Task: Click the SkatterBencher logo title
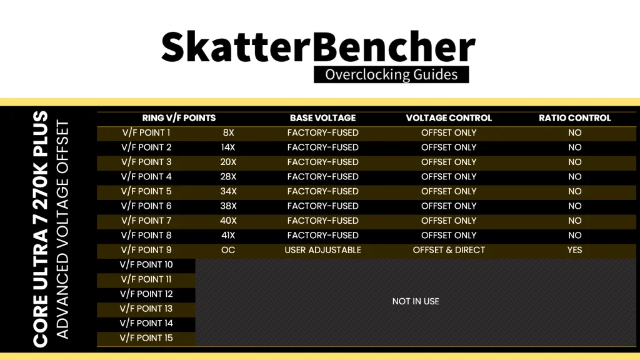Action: tap(318, 46)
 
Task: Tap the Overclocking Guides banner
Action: tap(391, 75)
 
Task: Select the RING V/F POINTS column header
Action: tap(179, 118)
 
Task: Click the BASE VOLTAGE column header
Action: tap(323, 118)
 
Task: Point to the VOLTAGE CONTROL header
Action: tap(449, 118)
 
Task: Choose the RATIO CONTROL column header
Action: tap(575, 118)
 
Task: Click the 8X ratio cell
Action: tap(228, 132)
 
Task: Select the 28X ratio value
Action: tap(228, 177)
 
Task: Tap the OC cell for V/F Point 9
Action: tap(228, 250)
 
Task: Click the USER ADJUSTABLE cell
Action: tap(323, 250)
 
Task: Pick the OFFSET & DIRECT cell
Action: tap(449, 250)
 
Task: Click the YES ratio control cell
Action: tap(575, 250)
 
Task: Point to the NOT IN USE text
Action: tap(416, 301)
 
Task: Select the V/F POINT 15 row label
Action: tap(146, 338)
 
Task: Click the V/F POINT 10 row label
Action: tap(146, 264)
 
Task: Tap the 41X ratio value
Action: tap(228, 235)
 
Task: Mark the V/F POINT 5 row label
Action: tap(146, 191)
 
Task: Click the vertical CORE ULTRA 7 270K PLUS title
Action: tap(41, 229)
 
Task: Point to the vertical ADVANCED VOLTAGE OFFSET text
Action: tap(62, 229)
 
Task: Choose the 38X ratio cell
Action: tap(228, 206)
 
